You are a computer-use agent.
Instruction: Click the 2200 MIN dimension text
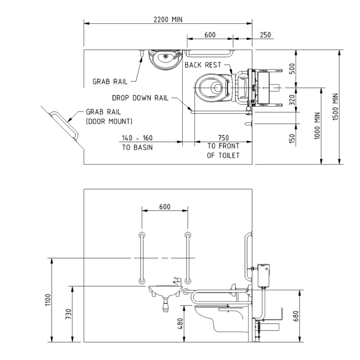167,19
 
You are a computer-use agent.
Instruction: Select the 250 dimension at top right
265,34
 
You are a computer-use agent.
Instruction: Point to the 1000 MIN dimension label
318,126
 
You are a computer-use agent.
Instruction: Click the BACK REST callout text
203,65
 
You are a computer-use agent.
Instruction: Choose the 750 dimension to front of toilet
222,138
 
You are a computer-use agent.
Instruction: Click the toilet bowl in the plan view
211,86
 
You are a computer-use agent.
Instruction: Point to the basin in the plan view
165,60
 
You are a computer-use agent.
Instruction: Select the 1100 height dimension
48,299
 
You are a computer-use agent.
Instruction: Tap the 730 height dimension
68,314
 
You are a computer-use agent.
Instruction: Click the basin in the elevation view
163,290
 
